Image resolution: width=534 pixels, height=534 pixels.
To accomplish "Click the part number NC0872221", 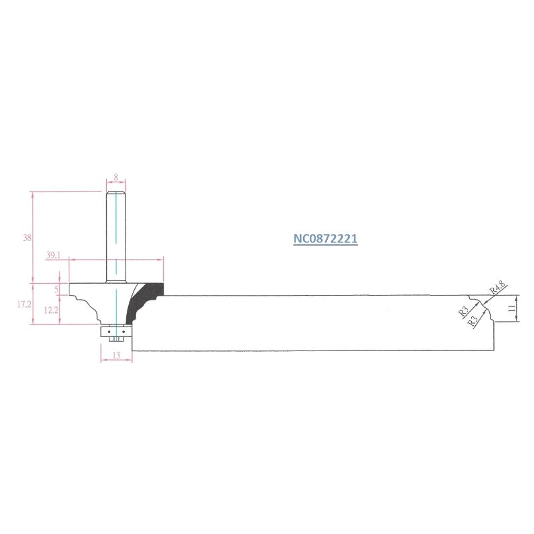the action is point(325,239).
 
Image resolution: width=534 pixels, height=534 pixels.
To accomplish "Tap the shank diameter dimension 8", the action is point(115,178).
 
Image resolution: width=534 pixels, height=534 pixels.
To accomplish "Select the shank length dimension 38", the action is point(27,238).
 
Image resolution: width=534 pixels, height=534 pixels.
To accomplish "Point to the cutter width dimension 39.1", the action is point(53,255).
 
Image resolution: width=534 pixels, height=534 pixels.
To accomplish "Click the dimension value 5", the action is point(57,290).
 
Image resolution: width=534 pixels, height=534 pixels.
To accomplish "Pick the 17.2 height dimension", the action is point(24,304).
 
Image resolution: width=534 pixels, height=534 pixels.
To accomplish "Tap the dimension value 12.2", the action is point(51,310).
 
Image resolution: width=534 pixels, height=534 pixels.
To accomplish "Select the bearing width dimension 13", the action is point(116,355).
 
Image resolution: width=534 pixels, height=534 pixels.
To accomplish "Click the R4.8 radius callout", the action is point(498,288).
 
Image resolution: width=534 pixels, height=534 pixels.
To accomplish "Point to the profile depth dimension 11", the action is point(511,308).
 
